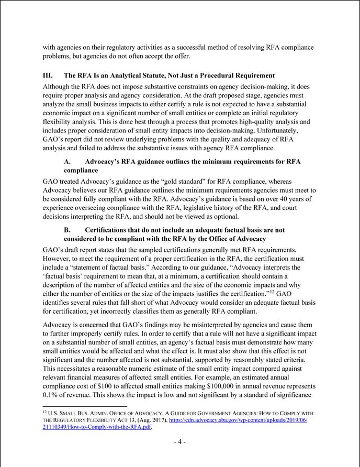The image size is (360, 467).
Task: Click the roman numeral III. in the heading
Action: click(x=48, y=75)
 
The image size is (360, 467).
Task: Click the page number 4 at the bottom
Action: click(x=179, y=441)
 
